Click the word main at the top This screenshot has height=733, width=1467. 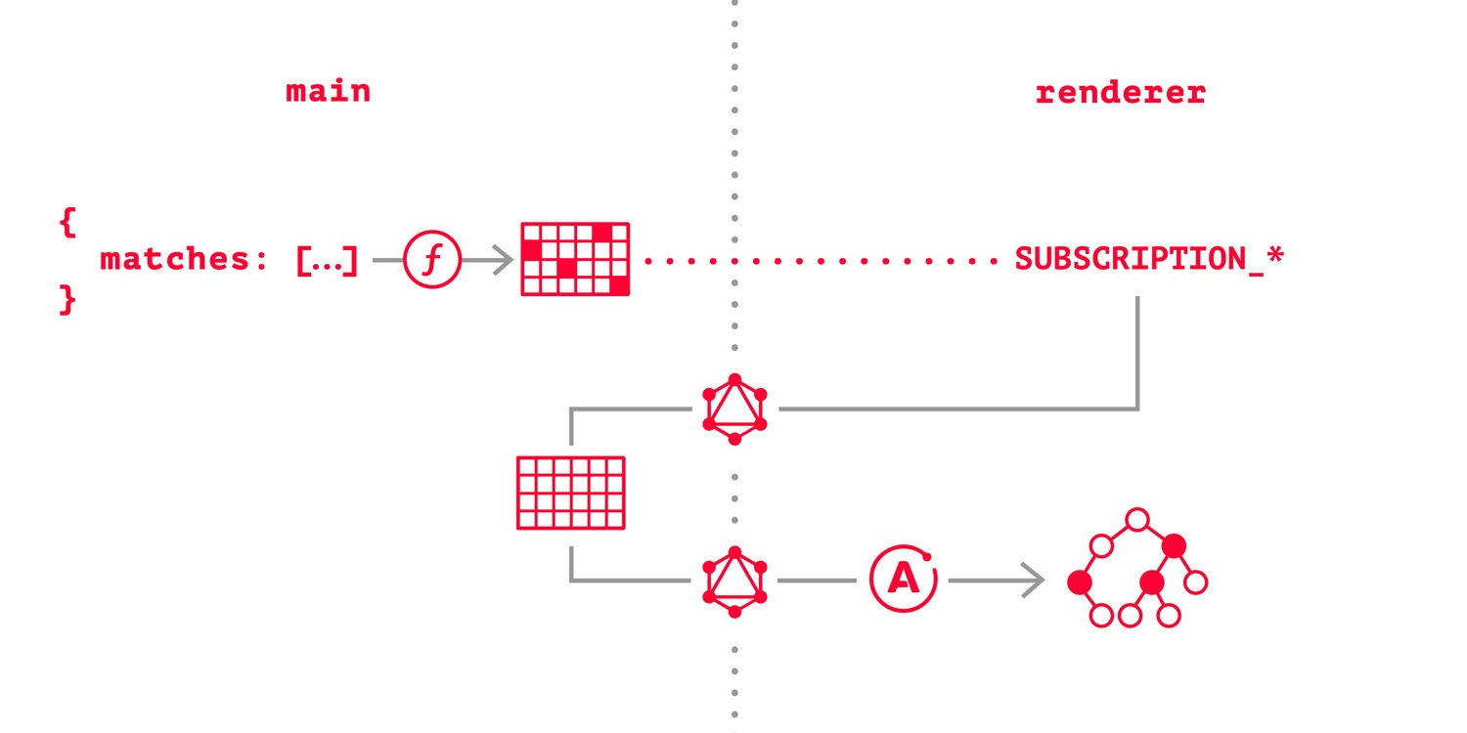coord(328,92)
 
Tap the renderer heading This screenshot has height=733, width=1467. coord(1120,93)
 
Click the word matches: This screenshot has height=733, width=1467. coord(184,260)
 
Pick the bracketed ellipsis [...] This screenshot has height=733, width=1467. coord(327,260)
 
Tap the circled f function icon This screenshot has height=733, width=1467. coord(431,260)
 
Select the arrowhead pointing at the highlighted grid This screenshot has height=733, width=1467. coord(503,260)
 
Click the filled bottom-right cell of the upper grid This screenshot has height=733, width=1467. coord(618,285)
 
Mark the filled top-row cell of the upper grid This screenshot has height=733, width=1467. coord(600,232)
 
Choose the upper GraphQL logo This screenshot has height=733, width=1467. coord(734,410)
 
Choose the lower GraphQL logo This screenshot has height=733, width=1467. coord(734,581)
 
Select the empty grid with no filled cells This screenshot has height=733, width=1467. coord(570,493)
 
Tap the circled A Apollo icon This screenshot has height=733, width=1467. coord(903,581)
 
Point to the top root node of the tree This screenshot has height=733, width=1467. coord(1136,519)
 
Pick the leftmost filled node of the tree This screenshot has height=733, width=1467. coord(1079,582)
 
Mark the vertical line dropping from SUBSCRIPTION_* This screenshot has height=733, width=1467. coord(1138,352)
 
